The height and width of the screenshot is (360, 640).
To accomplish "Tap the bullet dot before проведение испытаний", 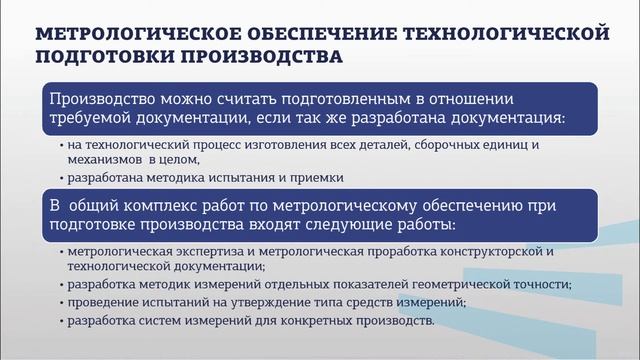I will (62, 304).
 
